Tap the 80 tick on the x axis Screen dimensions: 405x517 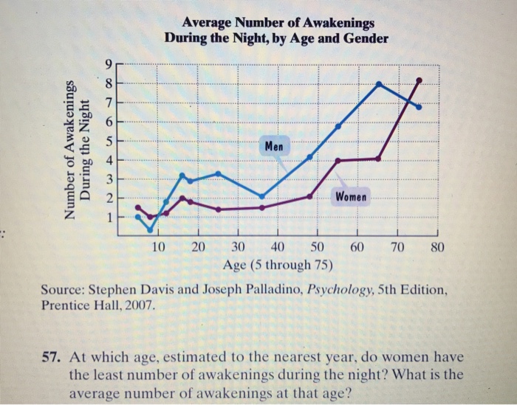tap(436, 246)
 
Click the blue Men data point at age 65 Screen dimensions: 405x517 tap(379, 84)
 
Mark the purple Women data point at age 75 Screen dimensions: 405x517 tap(419, 80)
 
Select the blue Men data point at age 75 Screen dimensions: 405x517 tap(419, 107)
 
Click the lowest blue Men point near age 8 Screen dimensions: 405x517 tap(150, 229)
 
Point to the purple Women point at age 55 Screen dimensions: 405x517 tap(338, 161)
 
